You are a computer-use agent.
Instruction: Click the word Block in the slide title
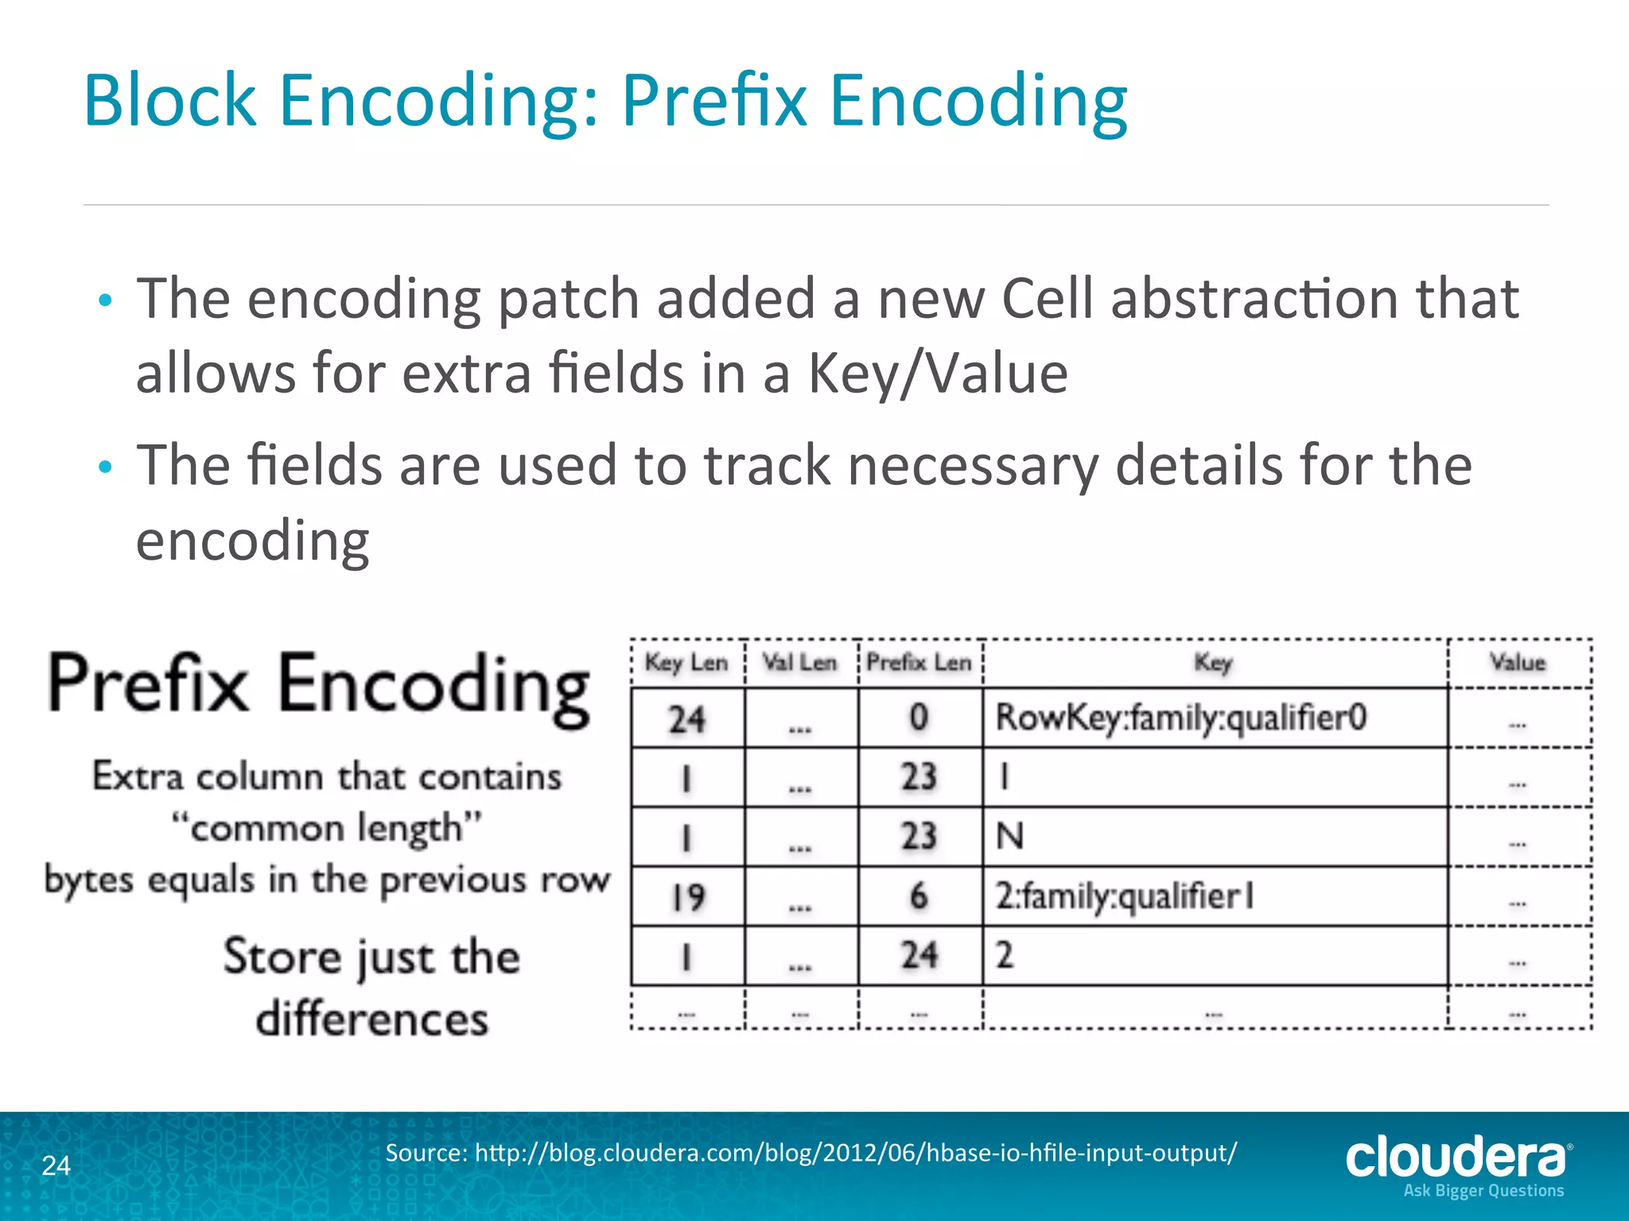click(x=169, y=101)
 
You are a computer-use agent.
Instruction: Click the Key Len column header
click(x=686, y=662)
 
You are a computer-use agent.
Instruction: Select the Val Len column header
click(x=799, y=662)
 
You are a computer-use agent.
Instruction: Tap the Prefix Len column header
click(x=919, y=662)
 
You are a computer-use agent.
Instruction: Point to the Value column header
click(x=1517, y=662)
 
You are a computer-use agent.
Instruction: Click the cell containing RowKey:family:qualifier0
click(x=1181, y=718)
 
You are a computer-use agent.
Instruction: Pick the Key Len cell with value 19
click(x=687, y=897)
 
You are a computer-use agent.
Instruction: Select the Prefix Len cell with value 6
click(x=919, y=897)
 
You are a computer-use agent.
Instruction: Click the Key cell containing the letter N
click(x=1010, y=836)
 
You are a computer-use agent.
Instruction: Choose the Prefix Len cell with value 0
click(x=919, y=718)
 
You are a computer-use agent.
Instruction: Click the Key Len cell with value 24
click(x=687, y=719)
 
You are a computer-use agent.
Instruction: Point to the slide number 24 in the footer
click(x=56, y=1165)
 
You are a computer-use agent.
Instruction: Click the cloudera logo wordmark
click(x=1456, y=1157)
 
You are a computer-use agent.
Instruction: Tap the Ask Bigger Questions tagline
click(x=1483, y=1191)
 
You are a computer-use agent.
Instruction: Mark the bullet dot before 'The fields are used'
click(x=105, y=467)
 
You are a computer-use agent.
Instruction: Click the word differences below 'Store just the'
click(x=371, y=1019)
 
